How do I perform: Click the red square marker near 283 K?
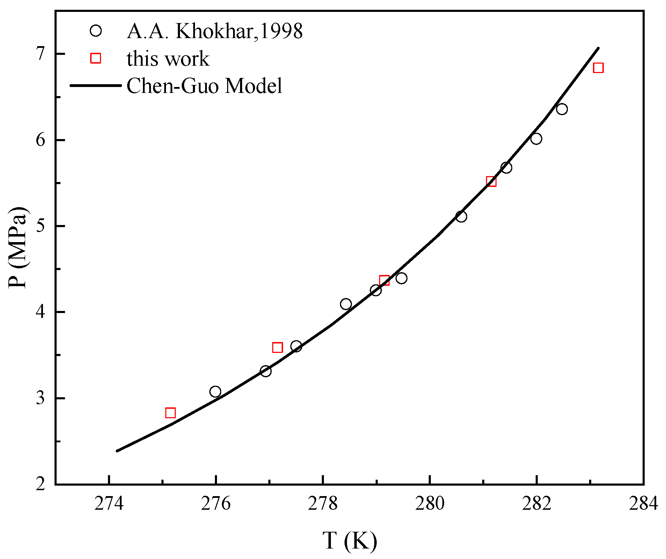598,68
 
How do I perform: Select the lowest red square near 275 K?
170,413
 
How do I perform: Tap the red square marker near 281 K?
491,181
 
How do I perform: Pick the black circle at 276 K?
215,392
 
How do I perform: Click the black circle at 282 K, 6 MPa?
536,139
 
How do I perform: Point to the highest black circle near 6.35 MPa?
562,109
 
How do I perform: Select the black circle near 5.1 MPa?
461,217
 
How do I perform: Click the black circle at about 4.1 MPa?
346,304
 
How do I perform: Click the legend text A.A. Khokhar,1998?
215,31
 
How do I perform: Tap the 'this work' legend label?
168,58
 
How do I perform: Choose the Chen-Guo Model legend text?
204,86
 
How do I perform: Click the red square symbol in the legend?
95,58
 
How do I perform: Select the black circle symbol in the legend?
95,31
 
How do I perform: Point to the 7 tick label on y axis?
41,54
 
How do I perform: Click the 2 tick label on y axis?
41,484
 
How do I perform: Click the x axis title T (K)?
349,541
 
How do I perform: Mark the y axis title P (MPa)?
17,247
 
